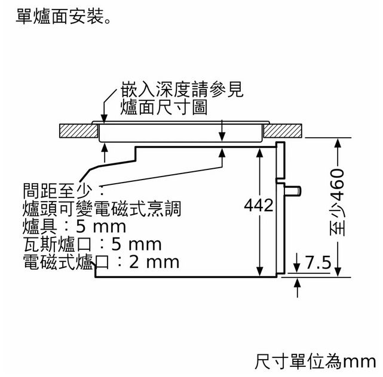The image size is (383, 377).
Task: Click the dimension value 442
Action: pyautogui.click(x=259, y=205)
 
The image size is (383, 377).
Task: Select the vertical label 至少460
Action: pyautogui.click(x=338, y=202)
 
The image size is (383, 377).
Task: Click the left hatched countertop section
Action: pyautogui.click(x=78, y=131)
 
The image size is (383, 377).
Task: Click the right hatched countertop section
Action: pyautogui.click(x=283, y=131)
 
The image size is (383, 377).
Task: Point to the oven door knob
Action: pyautogui.click(x=293, y=191)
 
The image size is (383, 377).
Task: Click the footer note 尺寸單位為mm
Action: pyautogui.click(x=315, y=361)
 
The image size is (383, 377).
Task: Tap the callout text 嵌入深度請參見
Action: pyautogui.click(x=182, y=89)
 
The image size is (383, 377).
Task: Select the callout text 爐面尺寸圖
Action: pyautogui.click(x=164, y=107)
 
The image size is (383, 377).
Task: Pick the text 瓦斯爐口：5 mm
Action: pyautogui.click(x=93, y=244)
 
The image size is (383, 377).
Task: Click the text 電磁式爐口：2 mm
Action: pyautogui.click(x=101, y=262)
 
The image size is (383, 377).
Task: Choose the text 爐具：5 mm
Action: pyautogui.click(x=75, y=226)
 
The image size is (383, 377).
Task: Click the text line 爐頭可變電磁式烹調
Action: pyautogui.click(x=102, y=209)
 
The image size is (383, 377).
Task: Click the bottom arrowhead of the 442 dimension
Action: pyautogui.click(x=260, y=272)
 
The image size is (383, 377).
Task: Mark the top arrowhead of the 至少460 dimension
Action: pyautogui.click(x=338, y=143)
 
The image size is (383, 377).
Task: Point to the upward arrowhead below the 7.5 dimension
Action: pyautogui.click(x=297, y=283)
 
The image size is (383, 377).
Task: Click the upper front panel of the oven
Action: pyautogui.click(x=280, y=160)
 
